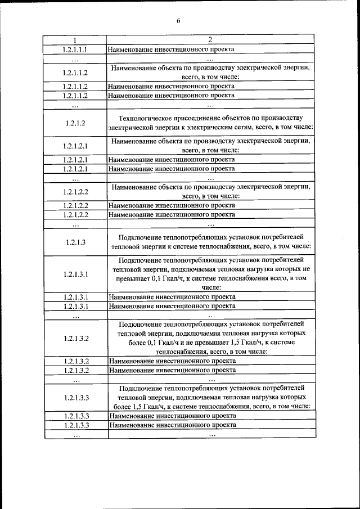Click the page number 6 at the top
178,21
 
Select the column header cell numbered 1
75,40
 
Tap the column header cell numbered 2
210,40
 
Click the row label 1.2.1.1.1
75,49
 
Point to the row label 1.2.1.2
75,123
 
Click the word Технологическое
145,118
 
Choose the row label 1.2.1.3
75,241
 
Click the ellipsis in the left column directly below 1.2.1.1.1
75,58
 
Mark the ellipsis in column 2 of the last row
211,434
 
